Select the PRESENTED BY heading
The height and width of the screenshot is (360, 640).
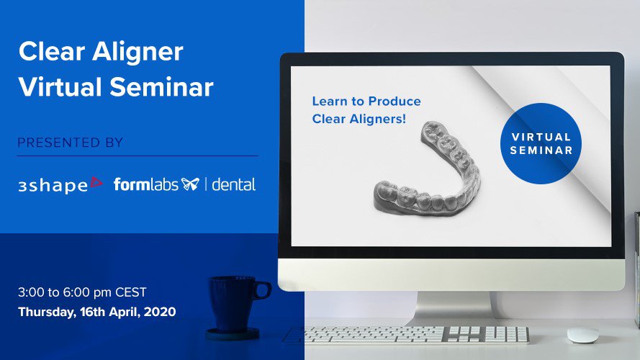[x=71, y=143]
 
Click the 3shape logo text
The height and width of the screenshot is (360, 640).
[x=53, y=186]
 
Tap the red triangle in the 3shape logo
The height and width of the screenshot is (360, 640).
[x=96, y=182]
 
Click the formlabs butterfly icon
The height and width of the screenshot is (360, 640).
[x=190, y=184]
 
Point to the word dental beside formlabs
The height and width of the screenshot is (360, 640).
[x=233, y=184]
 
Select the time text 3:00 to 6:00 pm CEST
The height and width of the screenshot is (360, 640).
[x=82, y=292]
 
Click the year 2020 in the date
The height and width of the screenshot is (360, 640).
[x=160, y=312]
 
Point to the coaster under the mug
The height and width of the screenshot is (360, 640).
[x=233, y=334]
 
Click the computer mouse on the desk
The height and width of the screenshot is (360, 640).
[x=582, y=335]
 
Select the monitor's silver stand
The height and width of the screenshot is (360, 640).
[x=455, y=308]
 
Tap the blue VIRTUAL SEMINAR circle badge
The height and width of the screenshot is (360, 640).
[x=541, y=143]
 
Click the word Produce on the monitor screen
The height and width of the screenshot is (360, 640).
[x=395, y=102]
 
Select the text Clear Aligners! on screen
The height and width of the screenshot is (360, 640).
[x=359, y=120]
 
